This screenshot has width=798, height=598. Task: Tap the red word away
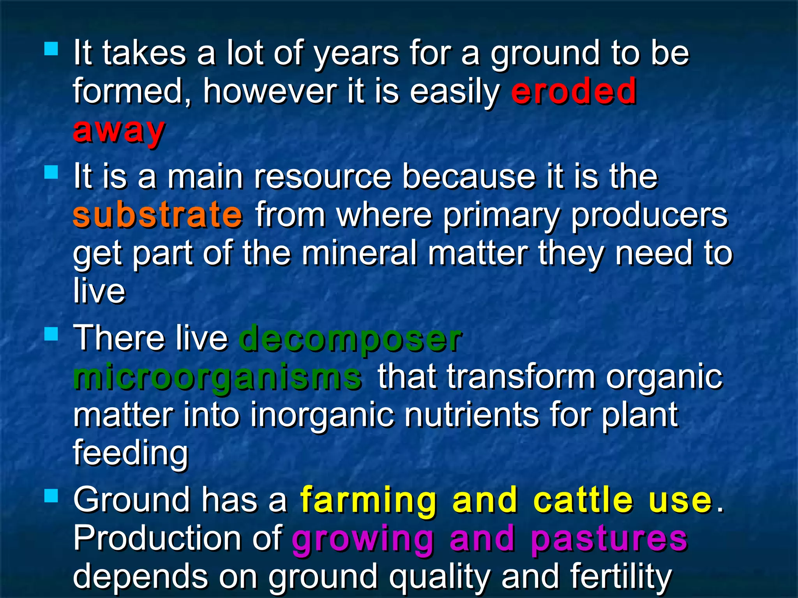119,131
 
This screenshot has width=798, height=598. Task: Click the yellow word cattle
583,500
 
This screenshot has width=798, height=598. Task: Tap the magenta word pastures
609,539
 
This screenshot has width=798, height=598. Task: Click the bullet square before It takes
51,49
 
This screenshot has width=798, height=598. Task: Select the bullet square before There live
51,334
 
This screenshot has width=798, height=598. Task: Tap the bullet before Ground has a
51,496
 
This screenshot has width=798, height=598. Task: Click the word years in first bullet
357,54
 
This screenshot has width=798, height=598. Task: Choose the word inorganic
322,415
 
